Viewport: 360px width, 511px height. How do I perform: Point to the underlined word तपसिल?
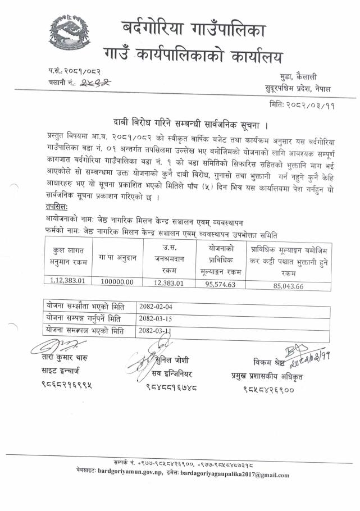click(x=59, y=206)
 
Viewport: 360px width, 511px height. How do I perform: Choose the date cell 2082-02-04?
click(x=157, y=307)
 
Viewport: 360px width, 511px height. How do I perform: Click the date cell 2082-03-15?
click(x=157, y=319)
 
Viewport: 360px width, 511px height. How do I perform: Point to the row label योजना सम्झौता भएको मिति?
click(x=86, y=307)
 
